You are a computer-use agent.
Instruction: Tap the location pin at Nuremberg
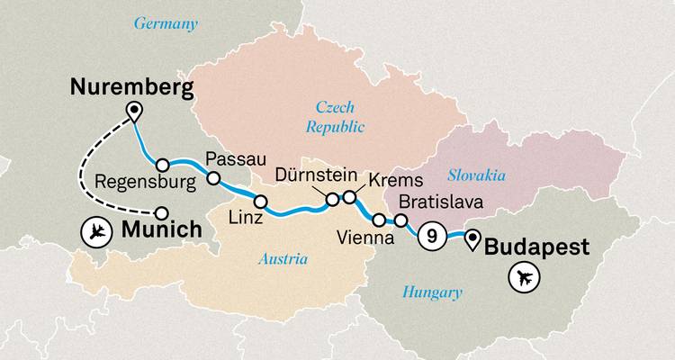[135, 112]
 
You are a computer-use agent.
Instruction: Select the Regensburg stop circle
[163, 165]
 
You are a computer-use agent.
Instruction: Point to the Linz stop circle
[261, 201]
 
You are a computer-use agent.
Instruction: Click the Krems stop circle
[349, 196]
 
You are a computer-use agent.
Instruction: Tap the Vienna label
[364, 238]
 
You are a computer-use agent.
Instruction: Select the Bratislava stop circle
[401, 220]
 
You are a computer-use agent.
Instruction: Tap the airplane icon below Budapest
[522, 279]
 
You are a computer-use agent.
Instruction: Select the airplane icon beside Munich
[95, 231]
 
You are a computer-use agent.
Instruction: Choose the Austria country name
[282, 259]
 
